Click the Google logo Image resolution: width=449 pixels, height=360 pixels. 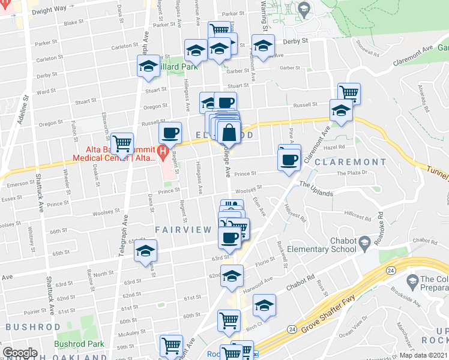[x=20, y=353]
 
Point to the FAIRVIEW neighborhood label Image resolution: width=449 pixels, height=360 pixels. [x=184, y=230]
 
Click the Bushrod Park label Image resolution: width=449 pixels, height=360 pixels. [x=79, y=344]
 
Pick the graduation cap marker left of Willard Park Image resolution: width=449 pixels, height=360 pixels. [x=147, y=67]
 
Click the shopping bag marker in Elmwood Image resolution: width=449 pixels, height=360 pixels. [x=229, y=132]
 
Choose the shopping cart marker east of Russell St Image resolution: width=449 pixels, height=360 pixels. [x=349, y=93]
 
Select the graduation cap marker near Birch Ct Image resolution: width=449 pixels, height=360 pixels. [x=264, y=306]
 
